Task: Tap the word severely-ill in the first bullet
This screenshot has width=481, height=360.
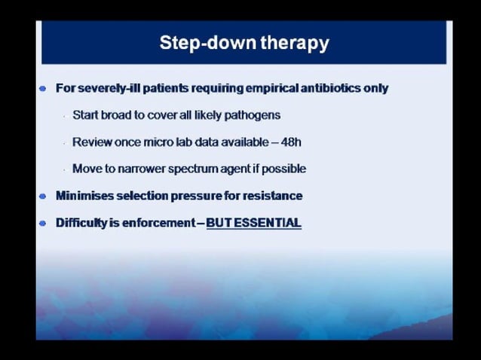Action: coord(112,88)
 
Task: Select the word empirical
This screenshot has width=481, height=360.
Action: coord(291,88)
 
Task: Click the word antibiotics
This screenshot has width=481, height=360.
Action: coord(346,88)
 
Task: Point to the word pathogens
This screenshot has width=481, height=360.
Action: coord(253,115)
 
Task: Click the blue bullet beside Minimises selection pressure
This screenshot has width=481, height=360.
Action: coord(43,196)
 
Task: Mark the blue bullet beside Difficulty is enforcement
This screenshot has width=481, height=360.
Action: coord(43,223)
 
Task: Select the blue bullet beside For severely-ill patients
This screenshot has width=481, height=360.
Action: coord(43,88)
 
